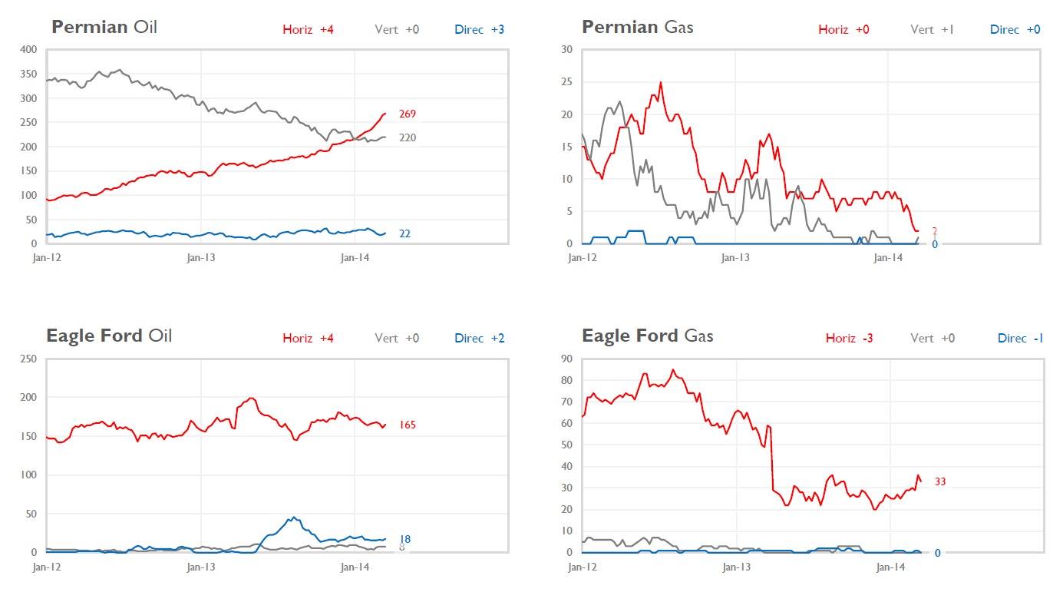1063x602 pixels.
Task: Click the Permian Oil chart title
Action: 104,28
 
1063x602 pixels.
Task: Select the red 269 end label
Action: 407,114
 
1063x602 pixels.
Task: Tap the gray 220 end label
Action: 407,137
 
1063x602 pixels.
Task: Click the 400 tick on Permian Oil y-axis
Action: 29,49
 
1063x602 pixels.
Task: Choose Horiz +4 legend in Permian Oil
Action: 308,30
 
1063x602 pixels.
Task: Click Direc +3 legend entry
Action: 479,30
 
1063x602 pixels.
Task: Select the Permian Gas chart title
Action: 637,28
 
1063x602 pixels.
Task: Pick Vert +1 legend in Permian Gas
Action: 932,30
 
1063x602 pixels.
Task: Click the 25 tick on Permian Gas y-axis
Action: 567,82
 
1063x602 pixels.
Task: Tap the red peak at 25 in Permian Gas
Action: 661,82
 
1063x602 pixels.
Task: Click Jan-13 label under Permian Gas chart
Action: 735,258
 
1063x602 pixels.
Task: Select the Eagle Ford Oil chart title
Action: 109,336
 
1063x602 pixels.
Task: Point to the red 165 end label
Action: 407,425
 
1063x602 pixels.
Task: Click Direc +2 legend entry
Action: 479,339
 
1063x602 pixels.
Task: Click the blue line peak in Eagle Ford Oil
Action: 293,517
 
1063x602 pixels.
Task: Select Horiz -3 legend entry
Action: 849,339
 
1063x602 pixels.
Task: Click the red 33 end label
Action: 939,481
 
